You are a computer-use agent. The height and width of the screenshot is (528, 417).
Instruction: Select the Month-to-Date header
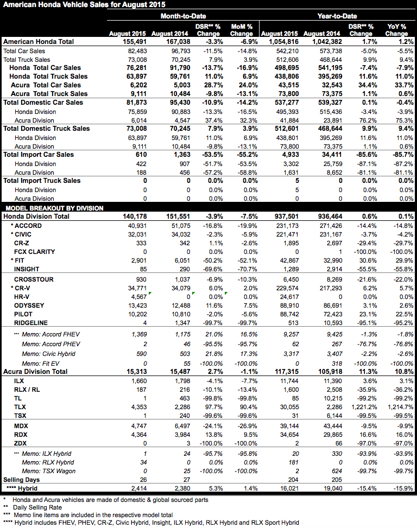(183, 16)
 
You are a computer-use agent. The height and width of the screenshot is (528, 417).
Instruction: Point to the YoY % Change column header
(396, 30)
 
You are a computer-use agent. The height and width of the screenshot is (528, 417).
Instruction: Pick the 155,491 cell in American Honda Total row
(131, 41)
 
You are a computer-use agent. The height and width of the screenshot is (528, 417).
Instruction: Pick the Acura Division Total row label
(36, 371)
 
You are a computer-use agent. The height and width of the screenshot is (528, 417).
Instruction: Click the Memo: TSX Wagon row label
(47, 471)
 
